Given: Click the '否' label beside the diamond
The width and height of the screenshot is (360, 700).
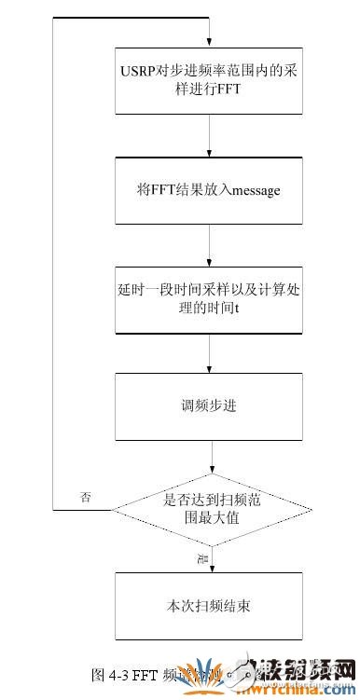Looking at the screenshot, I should tap(87, 497).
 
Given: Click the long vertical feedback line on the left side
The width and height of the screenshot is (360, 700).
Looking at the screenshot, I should tap(52, 261).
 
